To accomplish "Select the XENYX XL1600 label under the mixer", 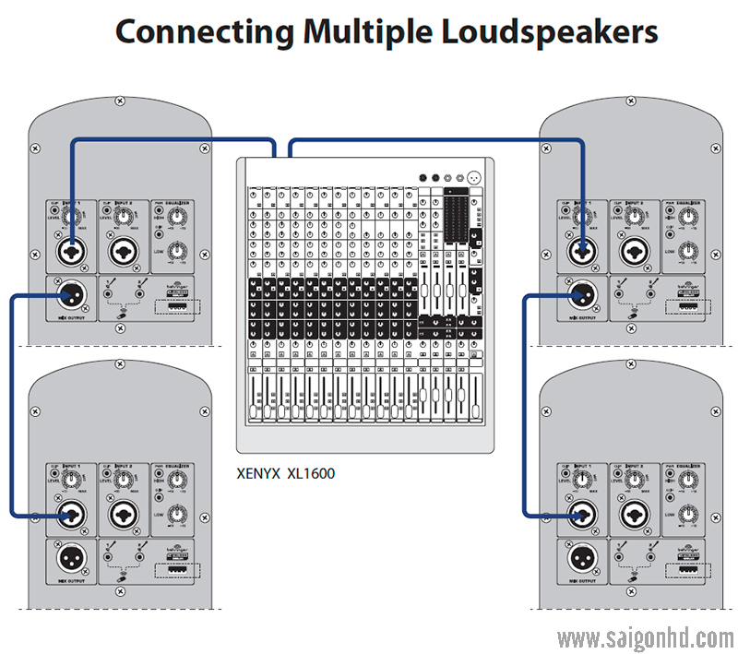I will [x=286, y=474].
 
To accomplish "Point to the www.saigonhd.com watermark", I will [x=645, y=637].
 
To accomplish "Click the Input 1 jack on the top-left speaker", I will [x=70, y=250].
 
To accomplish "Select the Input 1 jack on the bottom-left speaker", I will [x=70, y=513].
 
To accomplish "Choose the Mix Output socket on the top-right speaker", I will [x=580, y=295].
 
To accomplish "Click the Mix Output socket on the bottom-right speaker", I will [x=580, y=558].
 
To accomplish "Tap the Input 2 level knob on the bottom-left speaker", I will [x=121, y=478].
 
